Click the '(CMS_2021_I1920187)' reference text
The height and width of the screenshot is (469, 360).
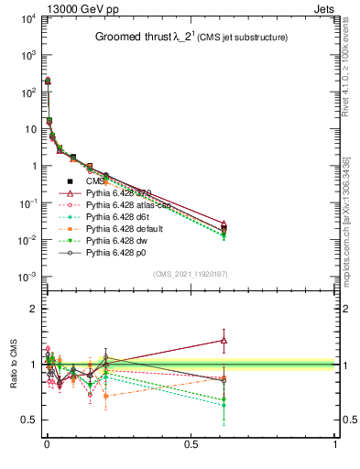click(x=190, y=274)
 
